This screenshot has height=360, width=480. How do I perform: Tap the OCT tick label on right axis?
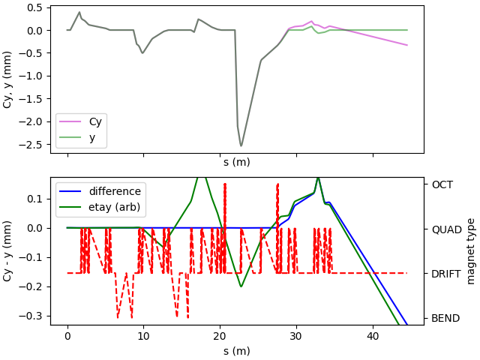442,184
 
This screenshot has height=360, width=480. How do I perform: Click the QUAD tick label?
445,229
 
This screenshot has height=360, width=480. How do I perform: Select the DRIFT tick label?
446,274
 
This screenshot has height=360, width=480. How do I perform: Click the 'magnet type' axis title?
471,250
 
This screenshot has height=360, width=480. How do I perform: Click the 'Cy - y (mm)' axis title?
8,250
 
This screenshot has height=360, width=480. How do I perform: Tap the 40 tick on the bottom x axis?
373,337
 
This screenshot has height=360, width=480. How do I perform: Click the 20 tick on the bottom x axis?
220,337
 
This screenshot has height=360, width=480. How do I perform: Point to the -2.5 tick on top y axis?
34,145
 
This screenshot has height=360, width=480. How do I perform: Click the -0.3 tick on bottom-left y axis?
34,316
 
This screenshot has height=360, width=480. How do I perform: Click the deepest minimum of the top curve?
241,145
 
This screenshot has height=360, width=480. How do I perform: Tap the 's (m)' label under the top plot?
236,162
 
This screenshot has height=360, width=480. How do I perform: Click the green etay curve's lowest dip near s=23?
241,286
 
